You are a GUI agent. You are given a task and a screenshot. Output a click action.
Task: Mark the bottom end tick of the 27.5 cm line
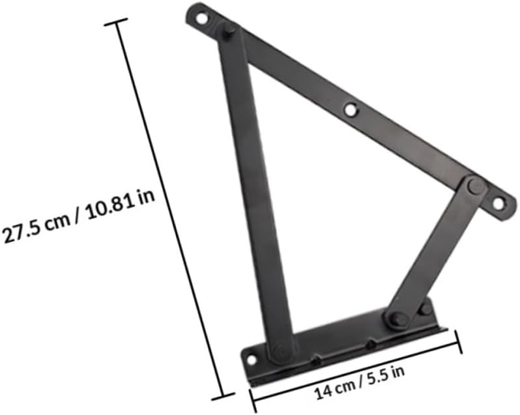click(x=223, y=394)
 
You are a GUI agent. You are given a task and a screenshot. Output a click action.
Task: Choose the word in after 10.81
click(x=146, y=195)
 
